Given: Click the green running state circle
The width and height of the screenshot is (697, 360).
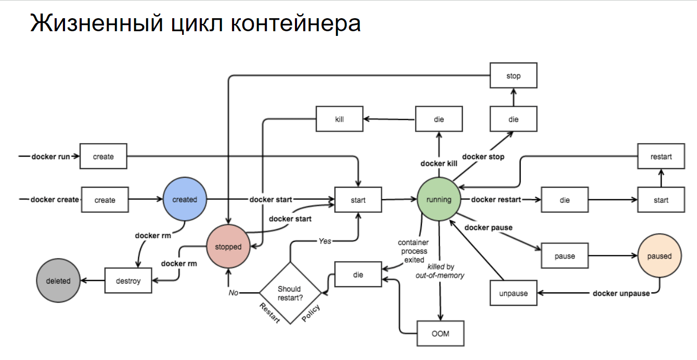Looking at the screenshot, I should click(x=439, y=199).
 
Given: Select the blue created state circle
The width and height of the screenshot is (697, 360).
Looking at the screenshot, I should click(x=185, y=199).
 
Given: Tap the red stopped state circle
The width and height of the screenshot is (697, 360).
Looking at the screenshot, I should click(x=228, y=247).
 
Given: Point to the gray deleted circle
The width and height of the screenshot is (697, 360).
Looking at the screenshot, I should click(x=58, y=280).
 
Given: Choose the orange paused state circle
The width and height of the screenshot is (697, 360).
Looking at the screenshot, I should click(x=659, y=256).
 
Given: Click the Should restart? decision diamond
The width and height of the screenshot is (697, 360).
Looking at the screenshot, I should click(x=290, y=293).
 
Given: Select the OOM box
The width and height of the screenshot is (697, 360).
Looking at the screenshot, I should click(x=441, y=333).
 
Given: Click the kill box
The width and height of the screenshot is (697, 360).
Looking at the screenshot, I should click(x=340, y=119).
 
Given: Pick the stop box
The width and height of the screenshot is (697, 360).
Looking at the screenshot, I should click(x=513, y=76).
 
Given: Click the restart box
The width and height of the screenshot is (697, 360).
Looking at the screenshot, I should click(x=661, y=156).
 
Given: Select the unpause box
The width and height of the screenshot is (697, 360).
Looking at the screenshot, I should click(x=513, y=293).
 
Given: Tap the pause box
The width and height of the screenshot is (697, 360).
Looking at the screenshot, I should click(x=564, y=256).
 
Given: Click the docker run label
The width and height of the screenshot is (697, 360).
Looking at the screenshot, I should click(x=51, y=156).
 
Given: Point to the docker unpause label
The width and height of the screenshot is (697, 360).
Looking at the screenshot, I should click(x=621, y=293).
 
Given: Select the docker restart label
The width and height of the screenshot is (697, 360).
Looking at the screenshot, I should click(x=496, y=199).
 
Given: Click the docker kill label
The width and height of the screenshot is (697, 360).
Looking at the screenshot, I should click(x=438, y=163).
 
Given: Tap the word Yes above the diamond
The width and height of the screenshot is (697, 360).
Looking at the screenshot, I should click(x=325, y=241).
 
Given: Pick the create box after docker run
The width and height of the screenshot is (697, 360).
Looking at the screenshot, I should click(x=103, y=156).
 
